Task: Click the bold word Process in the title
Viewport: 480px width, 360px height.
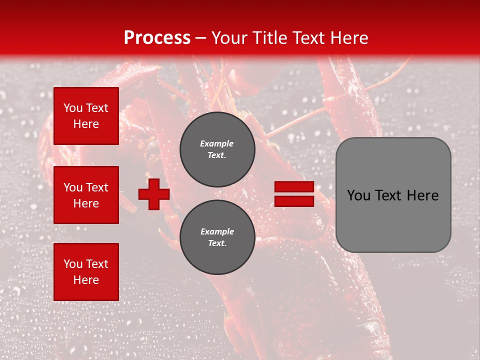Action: (x=157, y=38)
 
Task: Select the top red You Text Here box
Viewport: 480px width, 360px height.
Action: (x=86, y=116)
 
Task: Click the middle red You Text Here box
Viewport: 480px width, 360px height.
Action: (x=86, y=195)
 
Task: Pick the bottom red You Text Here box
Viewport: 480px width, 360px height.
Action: (x=86, y=272)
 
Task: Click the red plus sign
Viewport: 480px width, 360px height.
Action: (x=154, y=194)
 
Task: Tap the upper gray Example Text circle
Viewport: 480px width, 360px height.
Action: (x=217, y=149)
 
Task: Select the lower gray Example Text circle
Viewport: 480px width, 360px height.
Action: (x=217, y=237)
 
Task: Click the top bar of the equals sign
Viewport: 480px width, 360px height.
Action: (x=294, y=187)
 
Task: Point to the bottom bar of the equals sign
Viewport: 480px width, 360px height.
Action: (x=294, y=201)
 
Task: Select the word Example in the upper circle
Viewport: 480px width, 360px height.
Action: (x=217, y=143)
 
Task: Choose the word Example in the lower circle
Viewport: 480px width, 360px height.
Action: (x=217, y=231)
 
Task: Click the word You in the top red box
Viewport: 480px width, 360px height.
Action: (x=72, y=108)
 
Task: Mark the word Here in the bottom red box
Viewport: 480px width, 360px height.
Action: (x=86, y=280)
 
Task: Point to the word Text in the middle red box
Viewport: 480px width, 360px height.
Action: (x=97, y=187)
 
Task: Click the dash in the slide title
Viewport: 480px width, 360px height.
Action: (x=201, y=38)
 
